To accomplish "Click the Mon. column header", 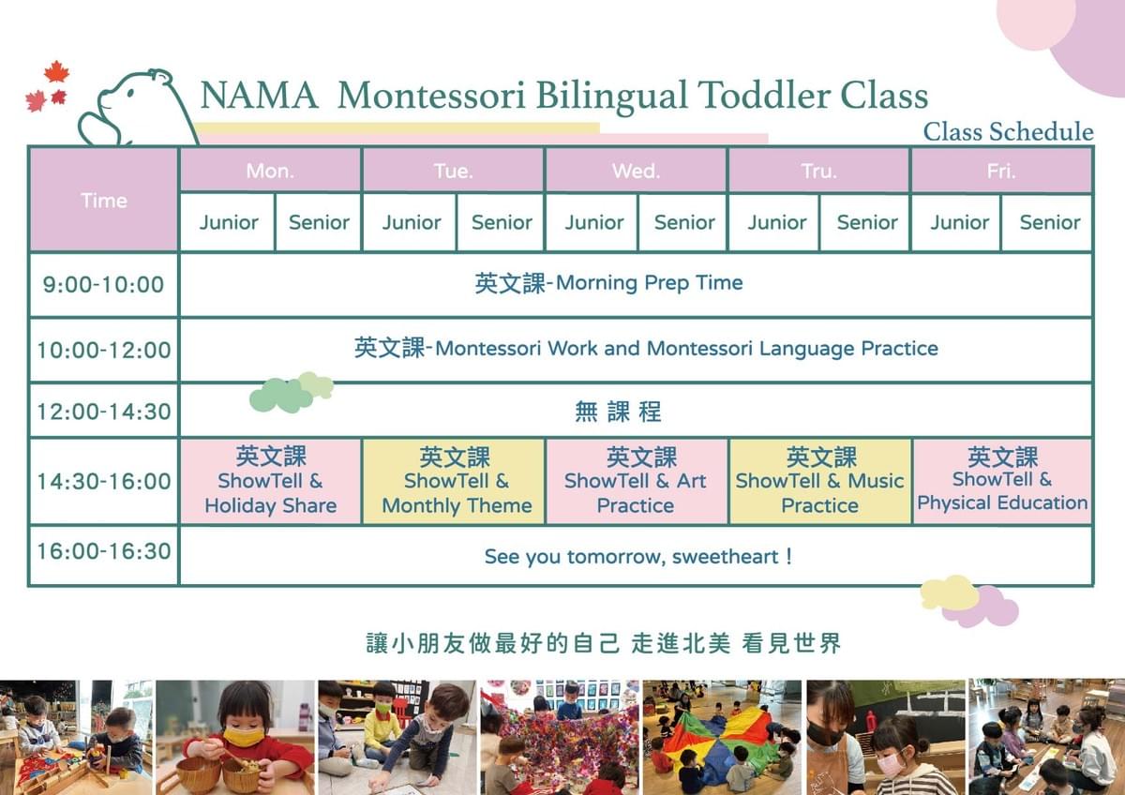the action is (270, 172).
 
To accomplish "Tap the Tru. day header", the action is (818, 172).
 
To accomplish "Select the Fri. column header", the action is (1001, 172).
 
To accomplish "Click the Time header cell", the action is (104, 201).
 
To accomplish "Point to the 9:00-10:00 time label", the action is (103, 285).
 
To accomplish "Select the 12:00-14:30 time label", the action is (104, 412).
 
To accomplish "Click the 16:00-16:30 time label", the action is (104, 551).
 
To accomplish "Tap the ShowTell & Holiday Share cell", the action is (271, 482).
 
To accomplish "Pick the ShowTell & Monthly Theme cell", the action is (454, 482).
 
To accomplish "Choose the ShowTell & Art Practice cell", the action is (636, 482).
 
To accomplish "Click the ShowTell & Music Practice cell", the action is (819, 482).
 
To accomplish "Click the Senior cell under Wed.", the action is (684, 222).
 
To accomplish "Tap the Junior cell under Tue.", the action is (412, 222).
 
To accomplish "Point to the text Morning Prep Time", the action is (650, 283).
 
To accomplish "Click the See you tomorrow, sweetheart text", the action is (637, 557).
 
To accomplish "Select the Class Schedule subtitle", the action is (1008, 132).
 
